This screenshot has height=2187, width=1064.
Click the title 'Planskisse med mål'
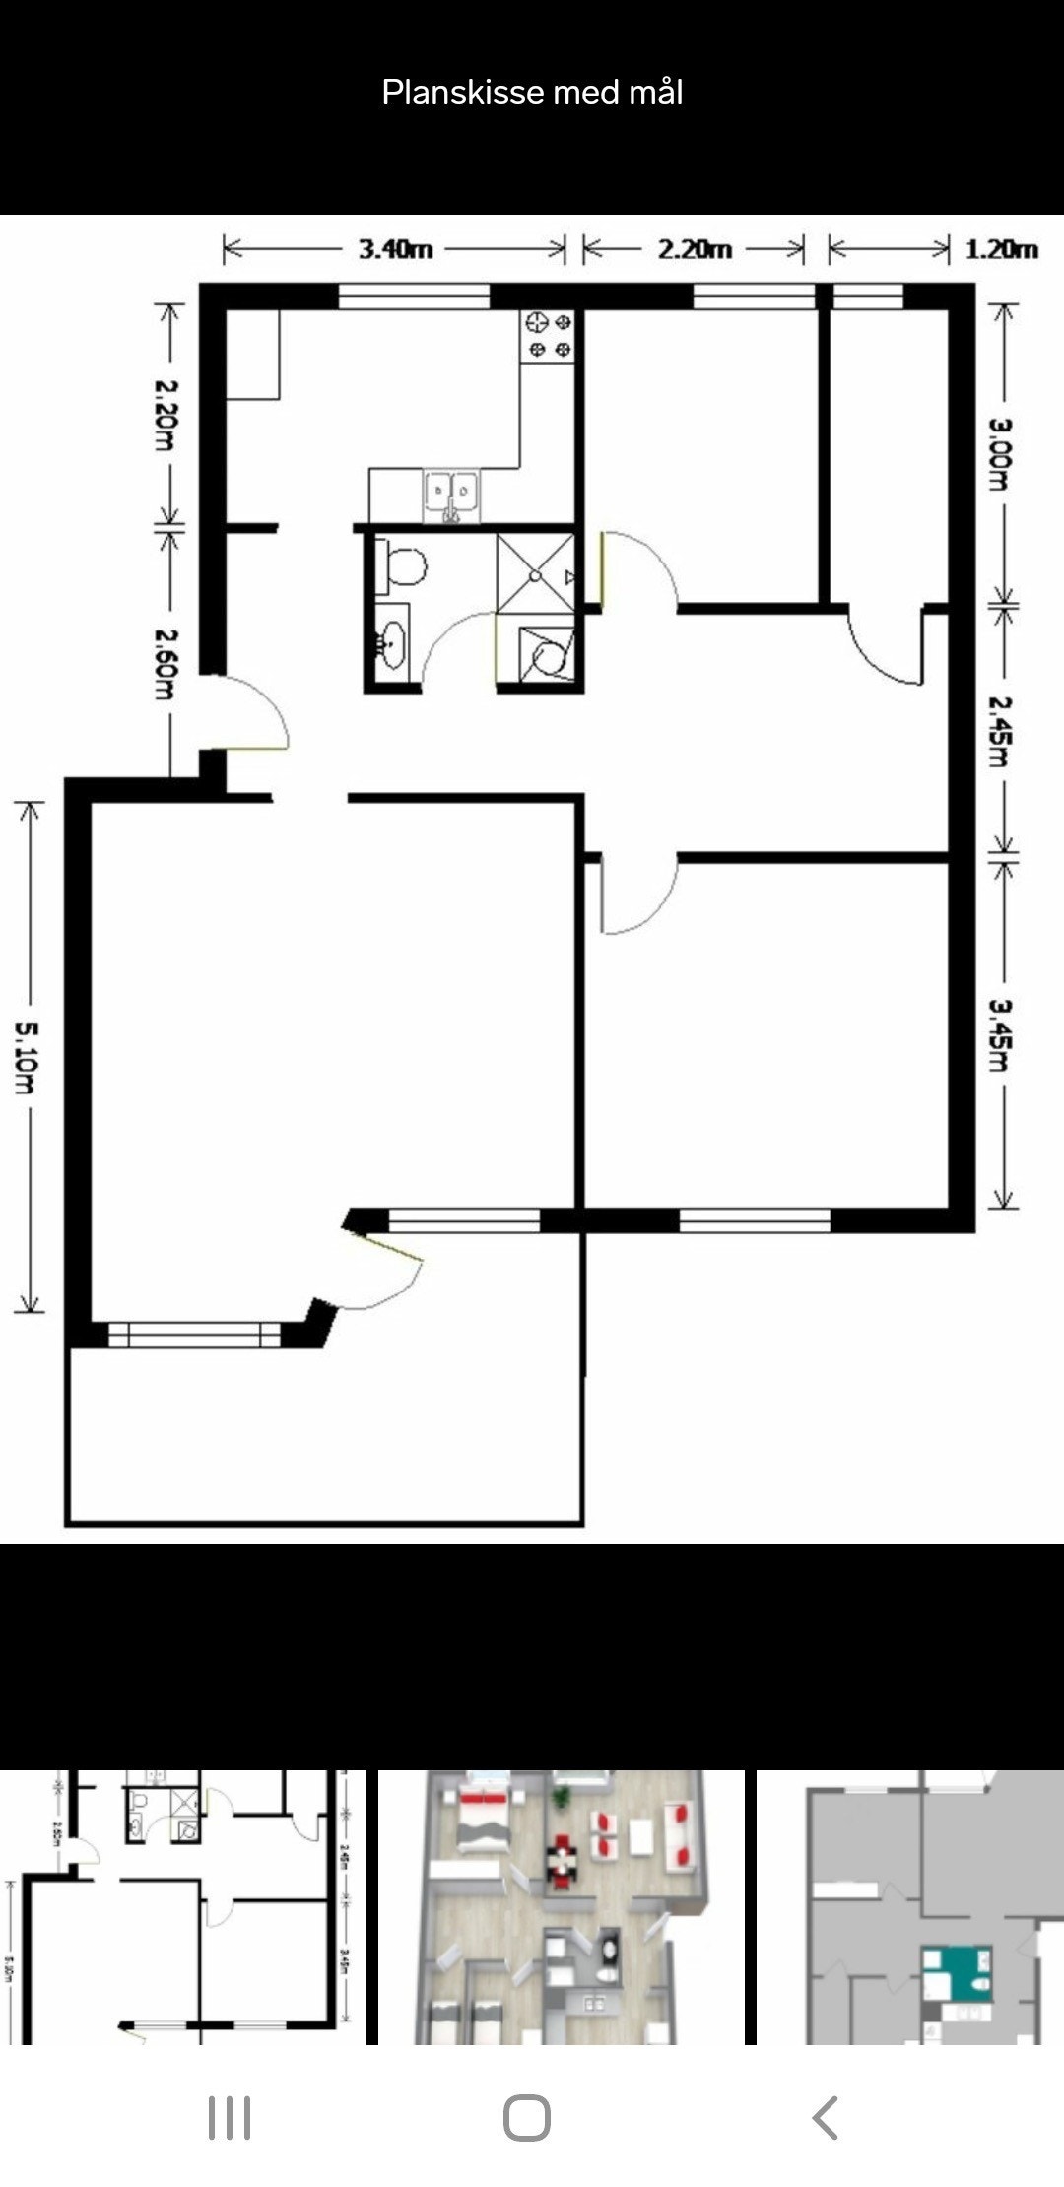(x=532, y=93)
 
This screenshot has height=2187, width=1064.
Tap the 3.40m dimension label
(x=395, y=249)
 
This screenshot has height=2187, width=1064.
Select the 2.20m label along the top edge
(x=695, y=249)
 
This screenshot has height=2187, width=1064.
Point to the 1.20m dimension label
(x=1001, y=249)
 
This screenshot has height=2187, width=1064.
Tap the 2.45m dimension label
(x=1001, y=730)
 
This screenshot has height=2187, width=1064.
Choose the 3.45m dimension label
(x=1001, y=1034)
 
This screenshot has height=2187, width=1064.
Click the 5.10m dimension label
(x=26, y=1057)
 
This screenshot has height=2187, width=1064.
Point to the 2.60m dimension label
(x=166, y=664)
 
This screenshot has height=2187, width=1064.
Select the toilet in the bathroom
(x=402, y=567)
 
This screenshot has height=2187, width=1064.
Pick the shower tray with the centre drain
(x=535, y=573)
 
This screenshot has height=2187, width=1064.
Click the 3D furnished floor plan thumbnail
(x=561, y=1907)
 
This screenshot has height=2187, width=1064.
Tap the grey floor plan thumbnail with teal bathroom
(x=909, y=1907)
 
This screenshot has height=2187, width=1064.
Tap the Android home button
(x=527, y=2117)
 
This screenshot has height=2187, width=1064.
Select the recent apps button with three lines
(x=230, y=2117)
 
